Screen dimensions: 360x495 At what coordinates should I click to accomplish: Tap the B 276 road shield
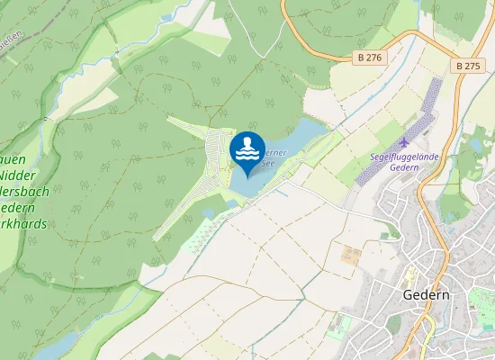tap(367, 58)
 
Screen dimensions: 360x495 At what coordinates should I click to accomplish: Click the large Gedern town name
tap(426, 296)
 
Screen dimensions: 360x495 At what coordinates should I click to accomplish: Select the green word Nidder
tap(18, 174)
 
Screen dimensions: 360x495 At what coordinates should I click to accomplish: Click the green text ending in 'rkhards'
tap(24, 222)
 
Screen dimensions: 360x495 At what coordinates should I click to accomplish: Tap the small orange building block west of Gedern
tap(350, 254)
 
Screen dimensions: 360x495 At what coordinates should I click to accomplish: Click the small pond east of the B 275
tap(474, 145)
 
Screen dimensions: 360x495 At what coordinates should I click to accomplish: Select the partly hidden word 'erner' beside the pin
tap(275, 153)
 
